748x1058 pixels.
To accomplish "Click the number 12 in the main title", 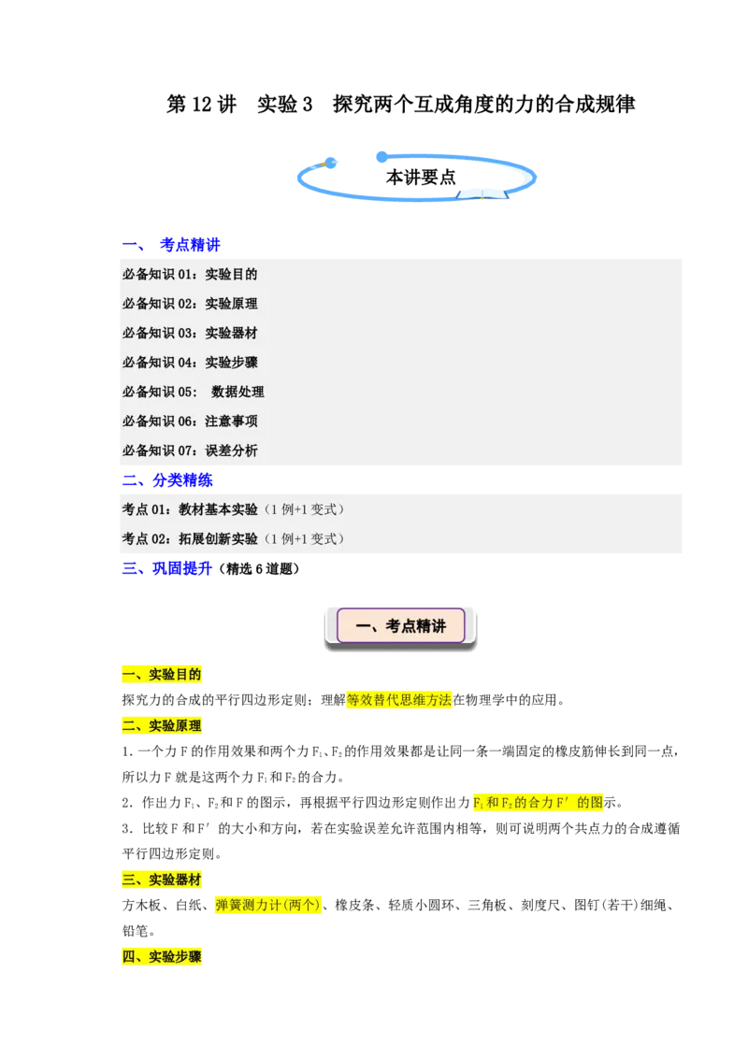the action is (202, 105).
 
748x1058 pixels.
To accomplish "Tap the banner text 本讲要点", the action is (421, 178).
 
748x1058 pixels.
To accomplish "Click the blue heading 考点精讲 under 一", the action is (191, 245).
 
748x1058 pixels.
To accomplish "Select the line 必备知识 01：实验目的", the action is (190, 275).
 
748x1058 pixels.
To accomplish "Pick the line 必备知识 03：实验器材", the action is (190, 334).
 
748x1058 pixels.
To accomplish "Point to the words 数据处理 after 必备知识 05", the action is (237, 392).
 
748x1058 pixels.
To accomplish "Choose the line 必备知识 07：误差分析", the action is (190, 450).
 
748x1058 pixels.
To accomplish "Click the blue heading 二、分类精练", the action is (167, 480).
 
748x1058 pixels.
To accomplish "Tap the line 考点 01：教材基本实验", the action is (190, 509).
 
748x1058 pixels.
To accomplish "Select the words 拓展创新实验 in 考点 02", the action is (218, 539).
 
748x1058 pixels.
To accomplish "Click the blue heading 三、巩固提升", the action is (167, 569).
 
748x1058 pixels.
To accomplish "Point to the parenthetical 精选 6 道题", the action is (259, 569).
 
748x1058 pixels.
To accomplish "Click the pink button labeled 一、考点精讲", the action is (401, 626).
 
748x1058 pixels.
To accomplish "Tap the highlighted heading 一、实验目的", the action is (162, 675).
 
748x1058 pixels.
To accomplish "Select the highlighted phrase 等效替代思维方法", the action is (399, 700).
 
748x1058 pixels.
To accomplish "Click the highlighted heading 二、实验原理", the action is (162, 726).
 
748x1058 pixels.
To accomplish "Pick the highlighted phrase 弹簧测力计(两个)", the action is (268, 906).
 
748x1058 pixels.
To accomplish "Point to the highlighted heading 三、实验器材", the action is (162, 879).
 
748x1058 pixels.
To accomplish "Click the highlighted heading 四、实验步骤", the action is (162, 957).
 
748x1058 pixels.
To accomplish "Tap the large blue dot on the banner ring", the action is (382, 157).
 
